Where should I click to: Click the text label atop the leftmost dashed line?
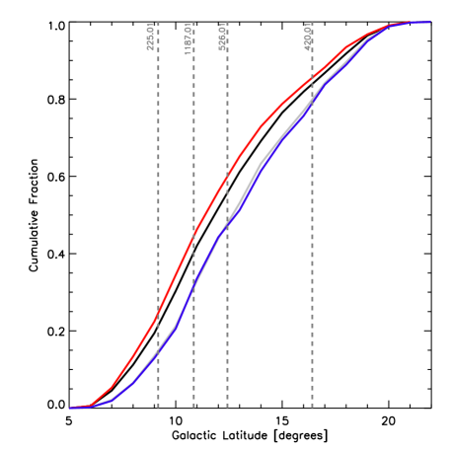click(x=150, y=37)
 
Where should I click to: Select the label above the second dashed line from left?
click(x=188, y=38)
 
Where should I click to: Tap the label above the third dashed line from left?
click(x=224, y=38)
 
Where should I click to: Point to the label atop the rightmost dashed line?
click(x=309, y=37)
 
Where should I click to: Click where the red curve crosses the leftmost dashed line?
click(x=158, y=315)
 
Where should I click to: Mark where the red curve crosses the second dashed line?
click(x=193, y=235)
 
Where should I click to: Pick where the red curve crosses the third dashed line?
click(x=227, y=177)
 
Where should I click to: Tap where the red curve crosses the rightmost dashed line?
click(x=313, y=78)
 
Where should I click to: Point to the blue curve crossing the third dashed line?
click(x=227, y=224)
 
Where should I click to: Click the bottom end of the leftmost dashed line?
click(x=158, y=407)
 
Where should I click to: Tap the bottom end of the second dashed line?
click(x=193, y=407)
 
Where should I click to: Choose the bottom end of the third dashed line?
click(x=227, y=407)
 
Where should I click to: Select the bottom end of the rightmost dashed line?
click(x=313, y=407)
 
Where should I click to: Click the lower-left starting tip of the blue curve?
click(x=70, y=408)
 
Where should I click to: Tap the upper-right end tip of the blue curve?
click(x=429, y=22)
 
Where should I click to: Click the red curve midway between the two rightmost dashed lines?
click(x=269, y=117)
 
